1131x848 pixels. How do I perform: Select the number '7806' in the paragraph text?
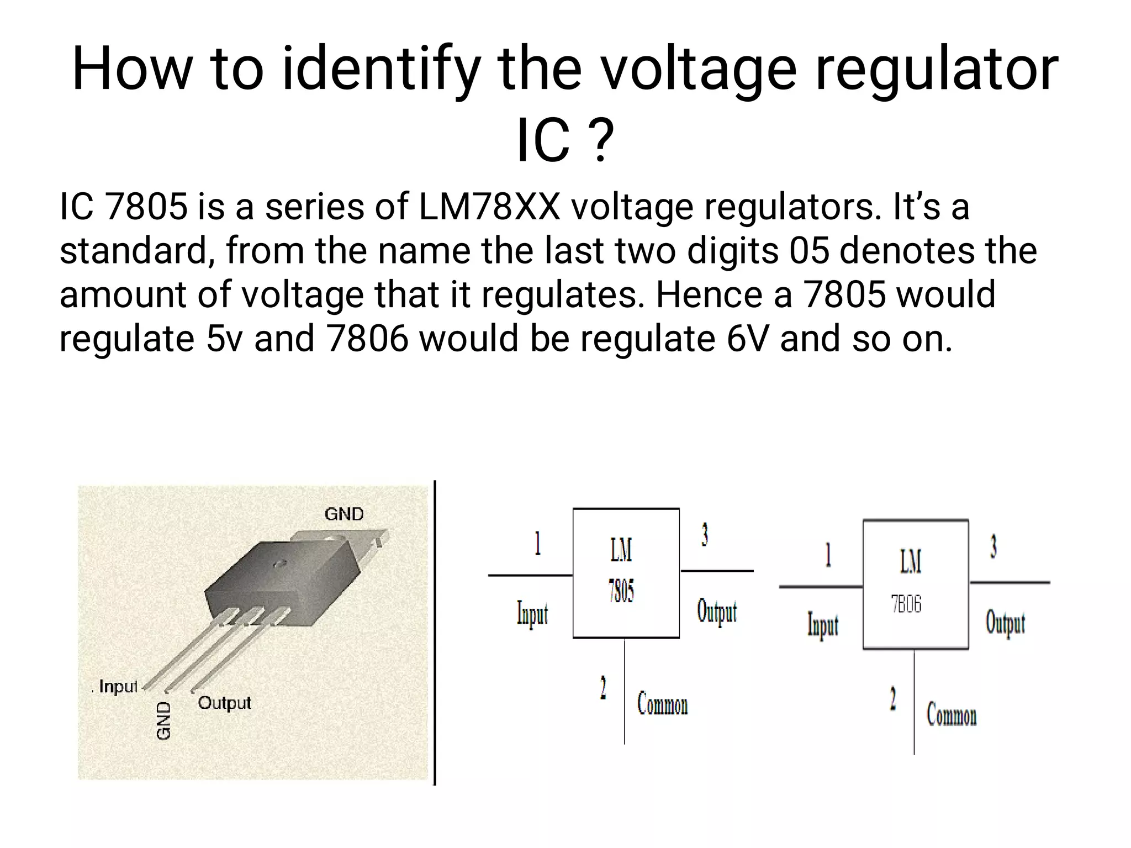click(x=367, y=339)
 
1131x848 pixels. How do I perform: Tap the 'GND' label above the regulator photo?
click(x=344, y=514)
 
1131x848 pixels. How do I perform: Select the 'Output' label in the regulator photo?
click(x=224, y=703)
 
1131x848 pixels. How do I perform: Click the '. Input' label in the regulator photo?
click(x=115, y=687)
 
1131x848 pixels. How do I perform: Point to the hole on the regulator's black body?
click(x=280, y=563)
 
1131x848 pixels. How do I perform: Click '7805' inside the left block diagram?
click(x=621, y=592)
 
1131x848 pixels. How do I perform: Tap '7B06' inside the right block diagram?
click(x=906, y=604)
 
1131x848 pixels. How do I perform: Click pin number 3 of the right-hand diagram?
click(x=993, y=547)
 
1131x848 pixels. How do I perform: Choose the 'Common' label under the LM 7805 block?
click(x=662, y=704)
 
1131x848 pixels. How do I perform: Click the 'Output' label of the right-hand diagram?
click(x=1005, y=623)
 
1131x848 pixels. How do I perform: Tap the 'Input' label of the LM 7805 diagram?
click(x=532, y=614)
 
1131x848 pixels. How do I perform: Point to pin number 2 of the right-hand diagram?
click(x=892, y=698)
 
